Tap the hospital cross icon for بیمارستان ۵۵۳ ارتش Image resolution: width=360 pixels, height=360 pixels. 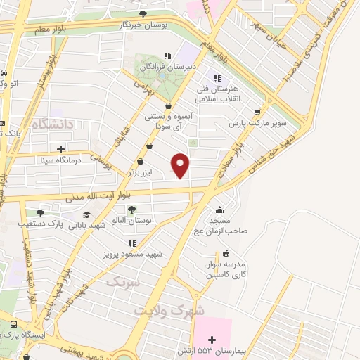pos(212,340)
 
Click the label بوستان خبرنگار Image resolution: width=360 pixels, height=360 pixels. pos(143,25)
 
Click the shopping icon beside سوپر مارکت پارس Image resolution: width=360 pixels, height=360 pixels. pos(257,111)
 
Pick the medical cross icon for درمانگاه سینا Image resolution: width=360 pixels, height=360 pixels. pos(60,148)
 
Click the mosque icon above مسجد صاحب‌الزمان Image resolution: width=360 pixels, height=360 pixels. pos(220,209)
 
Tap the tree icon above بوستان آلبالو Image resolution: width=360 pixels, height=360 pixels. pos(131,209)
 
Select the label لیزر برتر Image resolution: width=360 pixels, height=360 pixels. pos(141,172)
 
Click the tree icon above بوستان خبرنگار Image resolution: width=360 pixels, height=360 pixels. pos(143,14)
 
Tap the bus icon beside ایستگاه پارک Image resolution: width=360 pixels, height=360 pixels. pos(13,324)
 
